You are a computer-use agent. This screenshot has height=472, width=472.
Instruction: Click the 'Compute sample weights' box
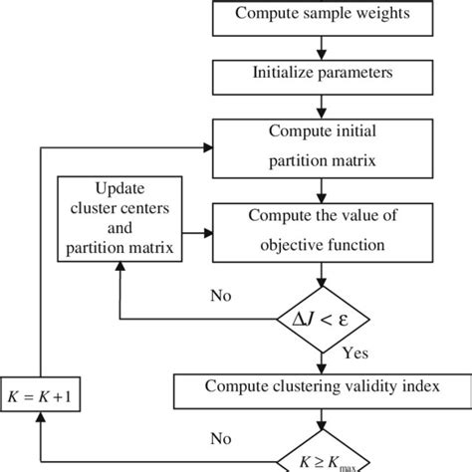319,14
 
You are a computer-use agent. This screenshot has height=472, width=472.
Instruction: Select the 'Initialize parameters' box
319,73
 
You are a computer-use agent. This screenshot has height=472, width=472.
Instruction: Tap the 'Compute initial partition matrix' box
319,146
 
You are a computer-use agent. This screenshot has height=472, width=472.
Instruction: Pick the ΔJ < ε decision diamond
320,320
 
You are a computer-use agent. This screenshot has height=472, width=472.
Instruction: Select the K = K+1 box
41,397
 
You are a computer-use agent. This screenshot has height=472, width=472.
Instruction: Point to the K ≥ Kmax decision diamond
320,460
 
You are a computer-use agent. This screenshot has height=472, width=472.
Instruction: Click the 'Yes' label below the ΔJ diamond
354,353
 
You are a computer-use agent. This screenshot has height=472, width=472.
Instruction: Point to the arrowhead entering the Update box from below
118,273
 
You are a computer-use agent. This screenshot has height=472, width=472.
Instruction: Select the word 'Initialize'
281,73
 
